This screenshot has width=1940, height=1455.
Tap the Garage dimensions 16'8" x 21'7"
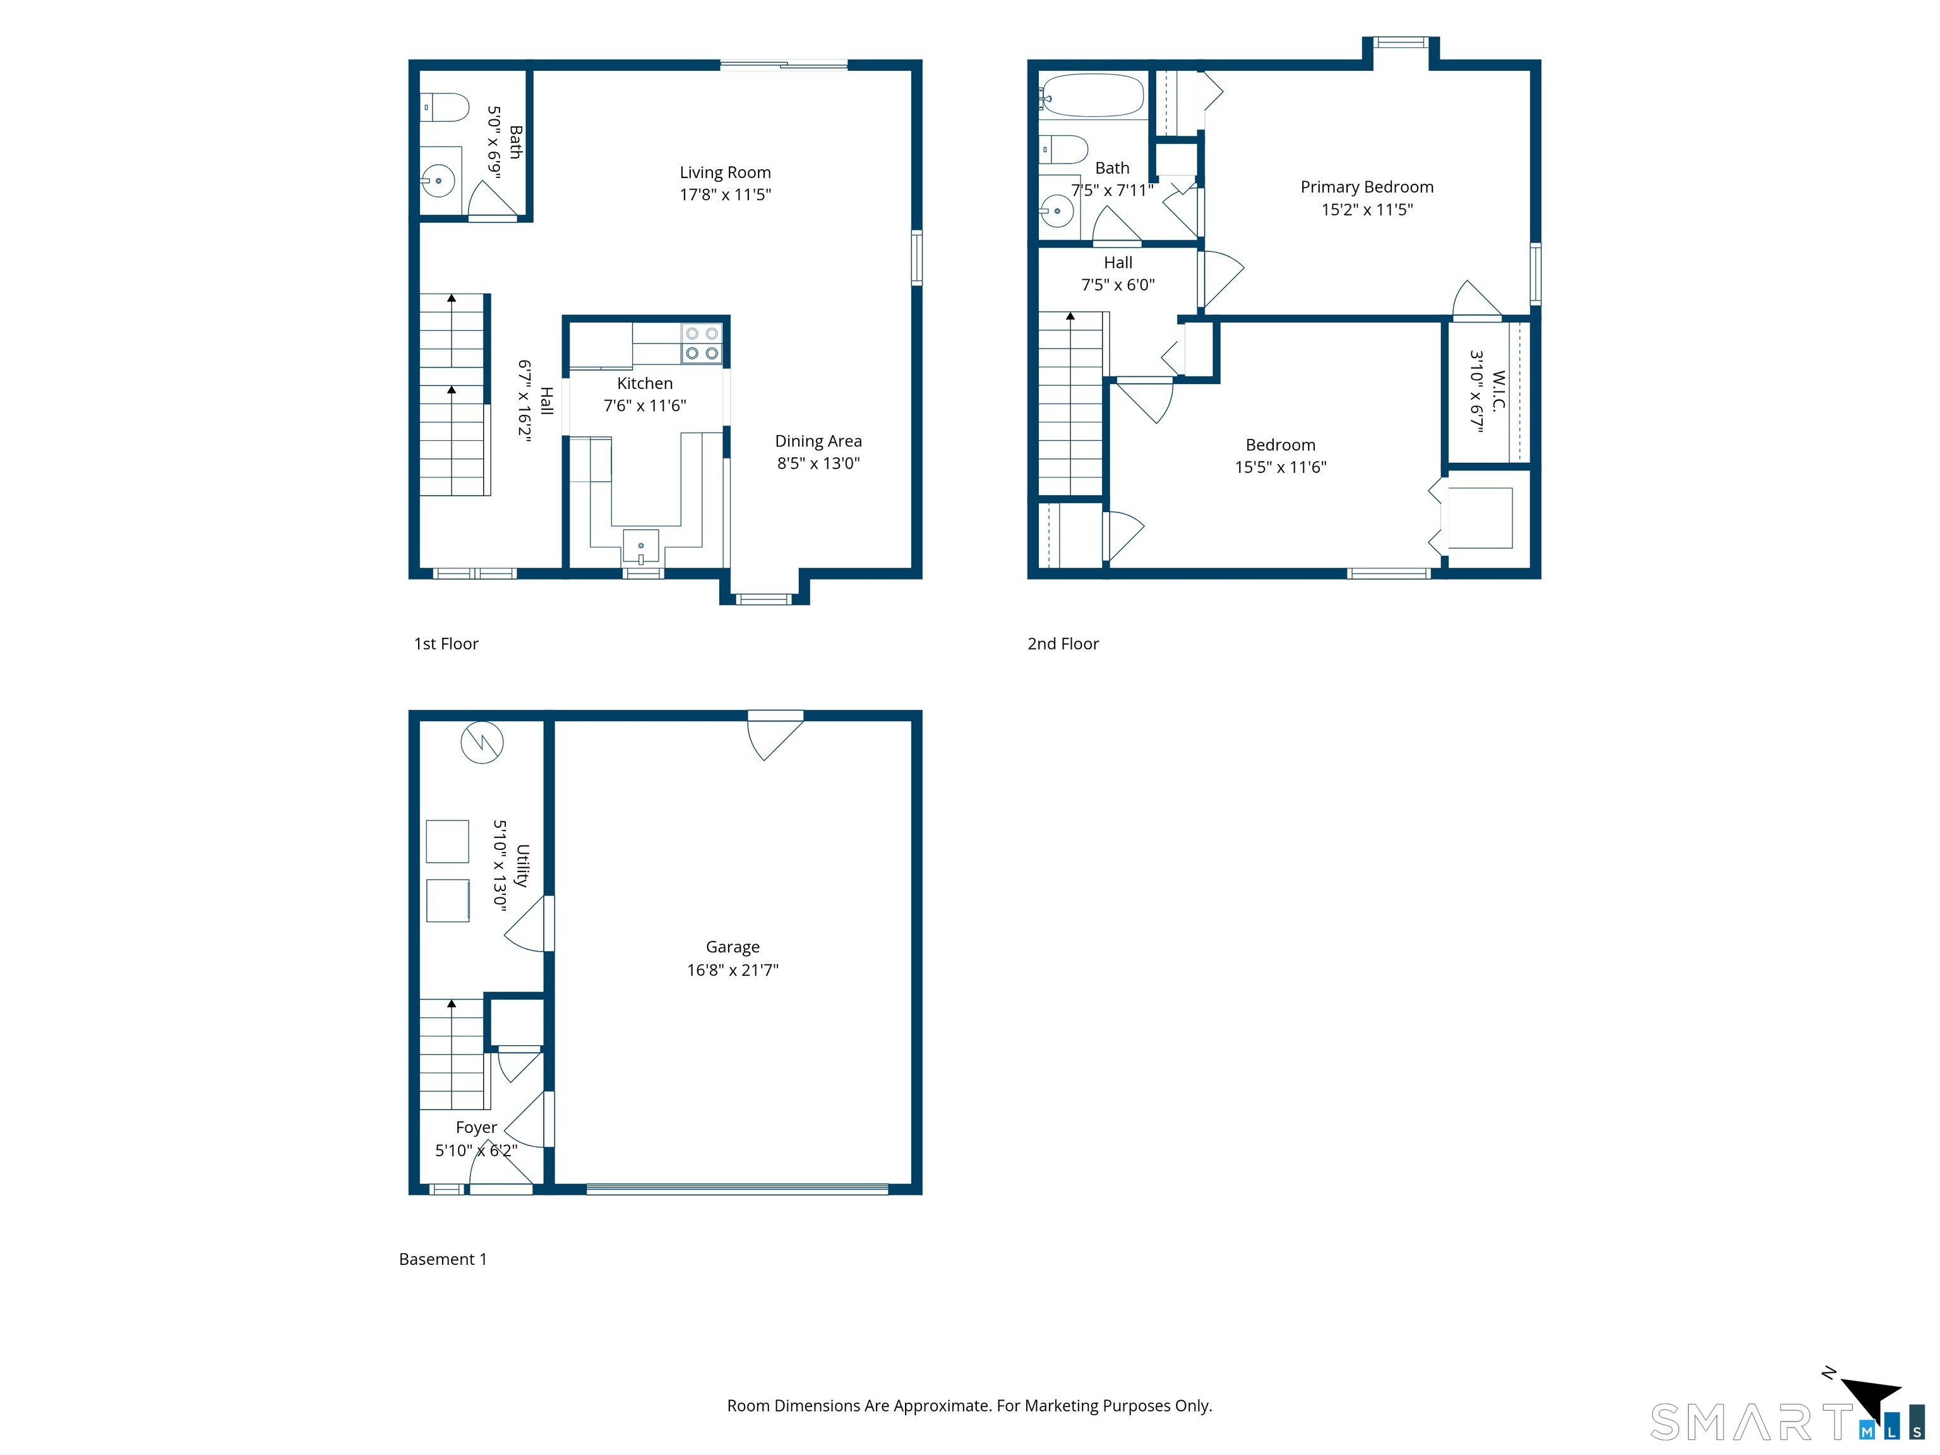(x=733, y=970)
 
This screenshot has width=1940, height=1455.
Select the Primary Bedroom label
(x=1367, y=187)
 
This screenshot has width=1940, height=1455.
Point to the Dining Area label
(x=818, y=441)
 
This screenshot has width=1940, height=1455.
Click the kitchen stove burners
(x=702, y=344)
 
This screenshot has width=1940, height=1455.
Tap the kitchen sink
(x=640, y=546)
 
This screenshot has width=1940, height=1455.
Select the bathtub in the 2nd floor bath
(x=1093, y=95)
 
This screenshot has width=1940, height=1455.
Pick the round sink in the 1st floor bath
(x=438, y=181)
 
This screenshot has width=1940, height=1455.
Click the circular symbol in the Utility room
(x=481, y=742)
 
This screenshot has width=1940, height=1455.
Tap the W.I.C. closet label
(x=1498, y=390)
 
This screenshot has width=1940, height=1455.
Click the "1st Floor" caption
(x=446, y=644)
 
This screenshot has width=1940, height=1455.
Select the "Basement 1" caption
(x=443, y=1259)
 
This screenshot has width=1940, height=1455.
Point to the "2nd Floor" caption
(x=1063, y=644)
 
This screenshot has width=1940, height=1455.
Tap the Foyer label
(x=476, y=1128)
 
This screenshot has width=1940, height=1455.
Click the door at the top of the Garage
(x=775, y=735)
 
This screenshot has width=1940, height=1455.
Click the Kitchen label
(x=645, y=383)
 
